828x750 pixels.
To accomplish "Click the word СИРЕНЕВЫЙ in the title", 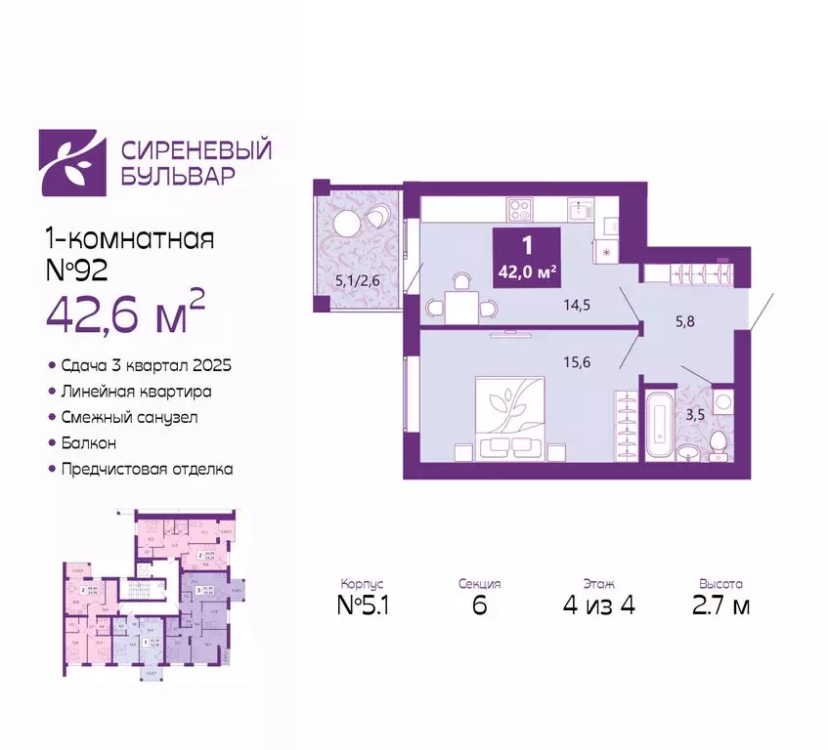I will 196,149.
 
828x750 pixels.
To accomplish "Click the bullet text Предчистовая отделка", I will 148,469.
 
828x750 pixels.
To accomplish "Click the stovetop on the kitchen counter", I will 519,208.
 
